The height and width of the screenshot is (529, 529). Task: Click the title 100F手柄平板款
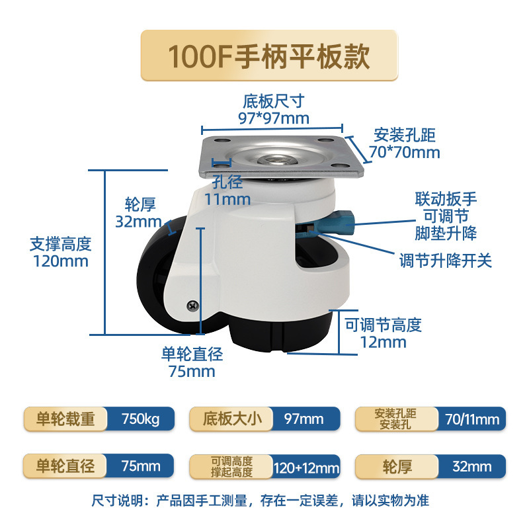click(268, 56)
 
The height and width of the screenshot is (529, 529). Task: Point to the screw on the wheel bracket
click(192, 306)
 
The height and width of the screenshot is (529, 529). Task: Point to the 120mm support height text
click(60, 261)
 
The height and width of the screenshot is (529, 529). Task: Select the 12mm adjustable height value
click(383, 342)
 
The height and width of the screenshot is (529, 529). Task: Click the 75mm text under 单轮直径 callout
click(192, 371)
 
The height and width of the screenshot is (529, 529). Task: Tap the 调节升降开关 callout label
click(446, 261)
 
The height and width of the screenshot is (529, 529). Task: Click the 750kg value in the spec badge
click(141, 419)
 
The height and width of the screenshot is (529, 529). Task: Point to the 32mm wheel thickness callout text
click(139, 221)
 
